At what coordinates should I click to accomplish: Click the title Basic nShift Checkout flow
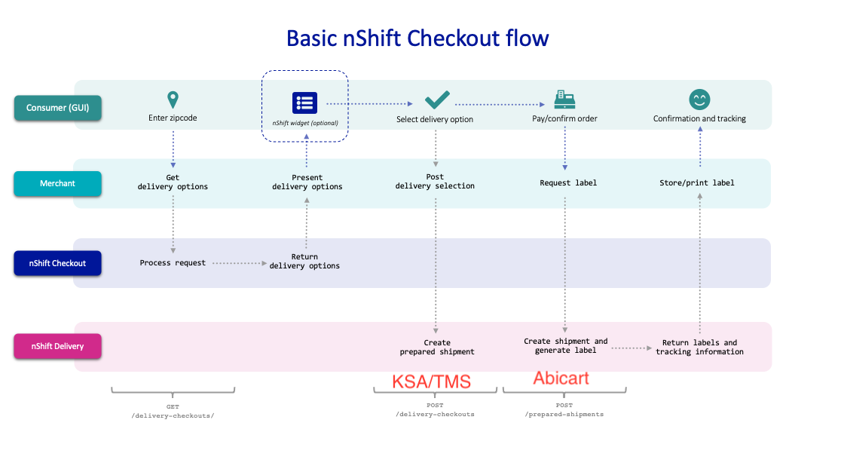(x=417, y=38)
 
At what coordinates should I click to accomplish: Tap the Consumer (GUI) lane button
(x=57, y=108)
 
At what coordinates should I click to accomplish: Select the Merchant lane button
(x=57, y=183)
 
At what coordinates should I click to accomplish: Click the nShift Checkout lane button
(x=57, y=263)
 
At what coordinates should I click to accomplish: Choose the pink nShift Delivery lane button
(x=57, y=347)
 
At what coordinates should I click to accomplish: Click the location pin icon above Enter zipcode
(x=173, y=100)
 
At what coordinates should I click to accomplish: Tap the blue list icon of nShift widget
(x=305, y=103)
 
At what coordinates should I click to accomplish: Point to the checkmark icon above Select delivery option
(x=437, y=100)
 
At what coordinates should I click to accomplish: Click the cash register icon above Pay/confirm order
(x=564, y=99)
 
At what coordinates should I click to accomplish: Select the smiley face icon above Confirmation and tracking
(x=699, y=100)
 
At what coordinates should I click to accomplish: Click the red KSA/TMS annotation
(x=431, y=382)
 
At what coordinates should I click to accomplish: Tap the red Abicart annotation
(x=561, y=378)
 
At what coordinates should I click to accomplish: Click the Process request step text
(x=173, y=263)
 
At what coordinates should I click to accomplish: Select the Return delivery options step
(x=304, y=261)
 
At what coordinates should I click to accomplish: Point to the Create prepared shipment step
(x=437, y=347)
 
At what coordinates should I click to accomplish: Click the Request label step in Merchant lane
(x=568, y=182)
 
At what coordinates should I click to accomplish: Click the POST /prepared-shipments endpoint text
(x=564, y=409)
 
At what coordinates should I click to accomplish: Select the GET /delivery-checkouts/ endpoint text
(x=173, y=411)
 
